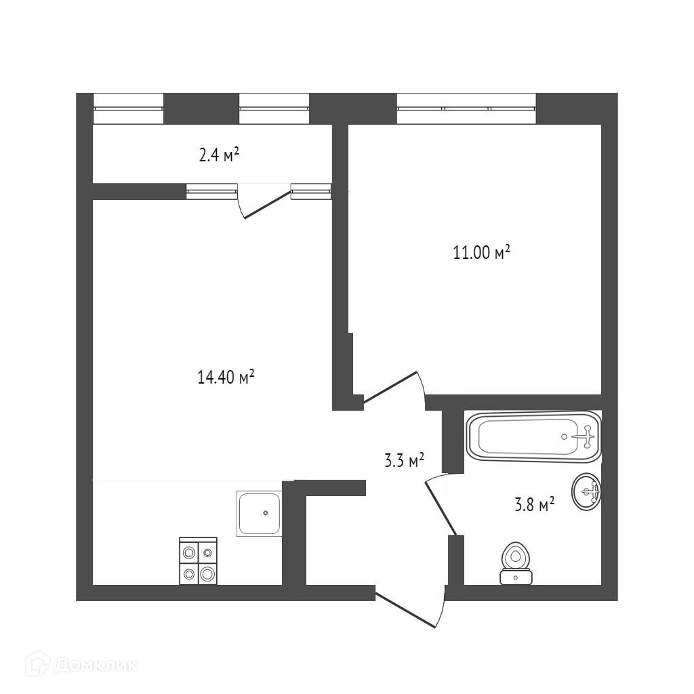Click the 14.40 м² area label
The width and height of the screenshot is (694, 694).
(226, 377)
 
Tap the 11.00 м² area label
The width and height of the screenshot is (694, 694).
(481, 253)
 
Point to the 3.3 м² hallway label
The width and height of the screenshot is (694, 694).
(404, 462)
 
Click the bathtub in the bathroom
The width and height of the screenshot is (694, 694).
(533, 437)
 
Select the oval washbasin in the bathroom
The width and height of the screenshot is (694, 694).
(586, 491)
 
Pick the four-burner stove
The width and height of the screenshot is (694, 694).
(198, 561)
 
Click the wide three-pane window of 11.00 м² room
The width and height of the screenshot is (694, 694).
(466, 108)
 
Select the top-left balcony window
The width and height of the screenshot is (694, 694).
(128, 108)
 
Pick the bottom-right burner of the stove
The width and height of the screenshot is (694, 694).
(207, 573)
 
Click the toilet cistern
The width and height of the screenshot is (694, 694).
(516, 577)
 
